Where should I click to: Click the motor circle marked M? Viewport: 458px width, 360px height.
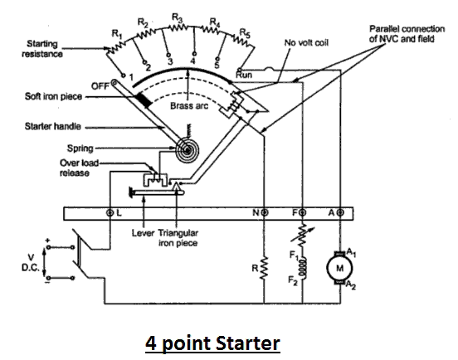point(339,268)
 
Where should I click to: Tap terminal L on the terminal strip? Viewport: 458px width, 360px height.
point(110,213)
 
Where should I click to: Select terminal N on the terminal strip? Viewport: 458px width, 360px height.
point(265,213)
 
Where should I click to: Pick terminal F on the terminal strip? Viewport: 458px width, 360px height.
point(303,213)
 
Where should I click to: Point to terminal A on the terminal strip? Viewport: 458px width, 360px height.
point(340,213)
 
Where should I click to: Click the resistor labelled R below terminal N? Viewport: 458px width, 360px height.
point(264,268)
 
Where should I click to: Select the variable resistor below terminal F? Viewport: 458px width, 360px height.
point(303,234)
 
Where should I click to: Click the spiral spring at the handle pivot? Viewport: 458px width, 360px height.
point(187,151)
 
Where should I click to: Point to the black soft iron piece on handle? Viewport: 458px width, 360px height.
point(144,100)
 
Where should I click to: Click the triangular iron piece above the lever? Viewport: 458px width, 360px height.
point(176,187)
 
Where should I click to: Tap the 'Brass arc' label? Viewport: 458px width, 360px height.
point(189,105)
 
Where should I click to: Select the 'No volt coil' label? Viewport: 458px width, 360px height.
point(306,43)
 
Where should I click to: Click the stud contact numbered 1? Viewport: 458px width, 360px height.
point(124,75)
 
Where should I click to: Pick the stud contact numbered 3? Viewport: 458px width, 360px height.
point(168,55)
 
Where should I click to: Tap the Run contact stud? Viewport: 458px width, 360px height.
point(240,70)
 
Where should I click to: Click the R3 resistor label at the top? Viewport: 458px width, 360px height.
point(177,18)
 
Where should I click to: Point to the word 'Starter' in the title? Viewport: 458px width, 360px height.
point(248,343)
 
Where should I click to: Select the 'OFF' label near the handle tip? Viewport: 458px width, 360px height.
point(100,86)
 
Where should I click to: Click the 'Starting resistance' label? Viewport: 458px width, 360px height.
point(42,49)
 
